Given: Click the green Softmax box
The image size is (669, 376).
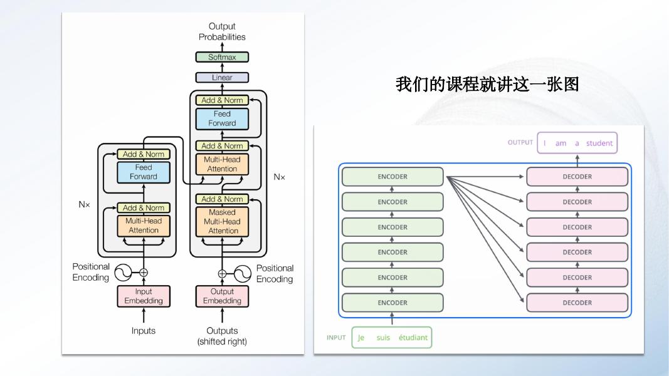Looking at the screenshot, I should coord(222,57).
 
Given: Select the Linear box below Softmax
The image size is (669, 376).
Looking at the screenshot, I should coord(222,78).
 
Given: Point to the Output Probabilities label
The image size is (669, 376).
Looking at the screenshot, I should coord(222,31).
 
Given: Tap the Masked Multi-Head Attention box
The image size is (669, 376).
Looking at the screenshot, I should coord(222,222).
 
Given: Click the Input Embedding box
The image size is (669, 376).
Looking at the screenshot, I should coord(144,296).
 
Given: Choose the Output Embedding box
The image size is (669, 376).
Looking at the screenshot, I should coord(222,296).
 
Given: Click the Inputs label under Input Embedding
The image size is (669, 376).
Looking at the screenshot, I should coord(144,331).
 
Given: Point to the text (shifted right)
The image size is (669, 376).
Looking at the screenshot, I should coord(222,342).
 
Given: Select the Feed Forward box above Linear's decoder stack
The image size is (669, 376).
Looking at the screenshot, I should coord(222,118).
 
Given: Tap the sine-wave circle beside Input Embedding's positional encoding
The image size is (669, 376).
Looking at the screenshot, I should coord(122,273).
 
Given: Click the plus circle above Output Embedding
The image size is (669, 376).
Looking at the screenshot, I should coord(222,273).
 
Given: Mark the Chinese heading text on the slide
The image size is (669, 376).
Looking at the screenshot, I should coord(487,84).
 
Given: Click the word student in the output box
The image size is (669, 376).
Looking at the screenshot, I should coord(599,143).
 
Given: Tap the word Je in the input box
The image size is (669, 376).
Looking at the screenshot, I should coord(361,338).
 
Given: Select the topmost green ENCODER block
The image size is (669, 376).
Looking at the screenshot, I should coord(392,177).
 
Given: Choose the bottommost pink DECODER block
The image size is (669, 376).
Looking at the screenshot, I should coord(577,303).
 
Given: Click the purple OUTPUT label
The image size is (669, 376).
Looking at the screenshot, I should coord(520,142).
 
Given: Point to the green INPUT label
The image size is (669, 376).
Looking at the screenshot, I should coord(336,337).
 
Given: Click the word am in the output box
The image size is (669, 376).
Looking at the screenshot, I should coord(561,143).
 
